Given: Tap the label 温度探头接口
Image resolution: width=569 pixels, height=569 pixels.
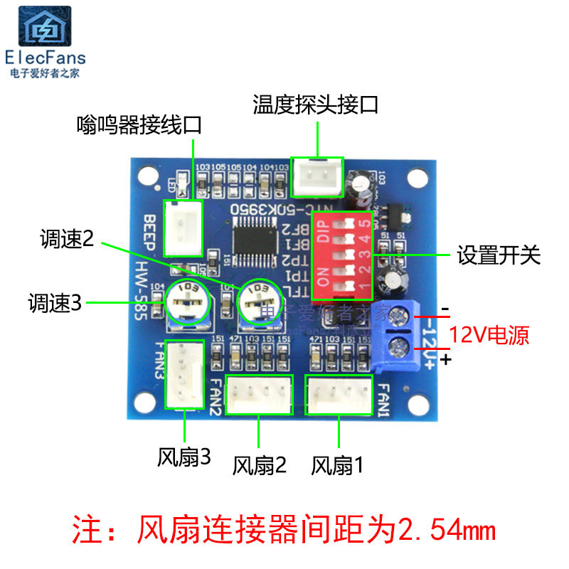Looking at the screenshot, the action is [x=316, y=105].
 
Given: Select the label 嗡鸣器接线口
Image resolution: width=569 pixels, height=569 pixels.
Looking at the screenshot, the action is [x=139, y=126].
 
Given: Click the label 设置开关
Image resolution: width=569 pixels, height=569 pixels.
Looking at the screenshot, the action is [x=499, y=255].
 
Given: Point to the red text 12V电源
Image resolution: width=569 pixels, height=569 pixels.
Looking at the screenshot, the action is [x=489, y=334].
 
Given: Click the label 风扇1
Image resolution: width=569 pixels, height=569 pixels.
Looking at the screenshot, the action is [x=338, y=466].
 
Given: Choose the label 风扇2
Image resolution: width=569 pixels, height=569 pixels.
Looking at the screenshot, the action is [x=260, y=466].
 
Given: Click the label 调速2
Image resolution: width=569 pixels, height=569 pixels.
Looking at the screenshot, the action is [x=68, y=240].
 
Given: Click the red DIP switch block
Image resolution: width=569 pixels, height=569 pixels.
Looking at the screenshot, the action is [x=343, y=253].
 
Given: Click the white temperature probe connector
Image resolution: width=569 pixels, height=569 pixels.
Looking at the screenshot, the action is [x=318, y=177].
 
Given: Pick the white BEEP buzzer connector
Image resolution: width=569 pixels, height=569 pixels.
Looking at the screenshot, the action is [x=184, y=228].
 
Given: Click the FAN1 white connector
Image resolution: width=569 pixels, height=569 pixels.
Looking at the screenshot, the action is [x=339, y=395].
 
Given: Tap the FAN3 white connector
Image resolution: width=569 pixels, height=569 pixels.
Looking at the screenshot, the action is [x=184, y=373].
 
